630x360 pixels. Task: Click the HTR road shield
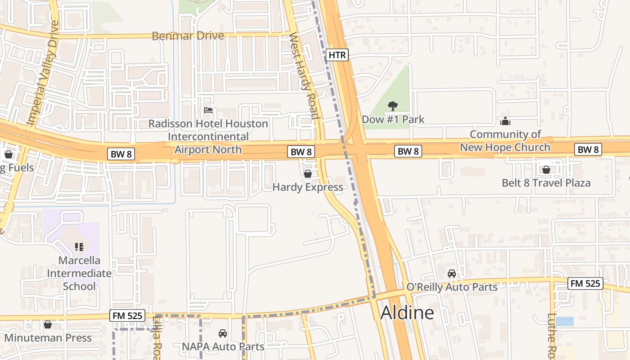[337, 55]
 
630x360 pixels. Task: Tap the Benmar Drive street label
[188, 36]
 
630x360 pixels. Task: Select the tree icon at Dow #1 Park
[393, 106]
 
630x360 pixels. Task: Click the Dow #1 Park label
[393, 120]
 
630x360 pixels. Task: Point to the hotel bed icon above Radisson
[208, 110]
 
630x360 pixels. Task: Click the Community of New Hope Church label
[505, 141]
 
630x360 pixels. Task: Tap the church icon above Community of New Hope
[505, 121]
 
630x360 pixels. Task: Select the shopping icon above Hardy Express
[308, 174]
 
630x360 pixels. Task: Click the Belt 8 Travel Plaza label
[546, 183]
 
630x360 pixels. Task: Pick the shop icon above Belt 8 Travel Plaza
[546, 170]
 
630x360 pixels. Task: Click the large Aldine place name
[407, 313]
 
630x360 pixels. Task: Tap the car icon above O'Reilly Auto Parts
[452, 274]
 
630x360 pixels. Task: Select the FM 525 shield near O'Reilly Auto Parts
[585, 283]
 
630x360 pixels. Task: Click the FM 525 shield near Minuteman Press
[127, 316]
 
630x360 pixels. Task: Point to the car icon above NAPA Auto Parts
[222, 333]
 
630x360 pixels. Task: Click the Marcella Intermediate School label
[79, 273]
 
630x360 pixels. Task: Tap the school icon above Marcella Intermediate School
[79, 247]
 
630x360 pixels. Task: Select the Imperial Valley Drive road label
[43, 73]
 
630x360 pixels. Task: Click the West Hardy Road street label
[304, 76]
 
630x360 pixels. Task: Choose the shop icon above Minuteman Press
[48, 324]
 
